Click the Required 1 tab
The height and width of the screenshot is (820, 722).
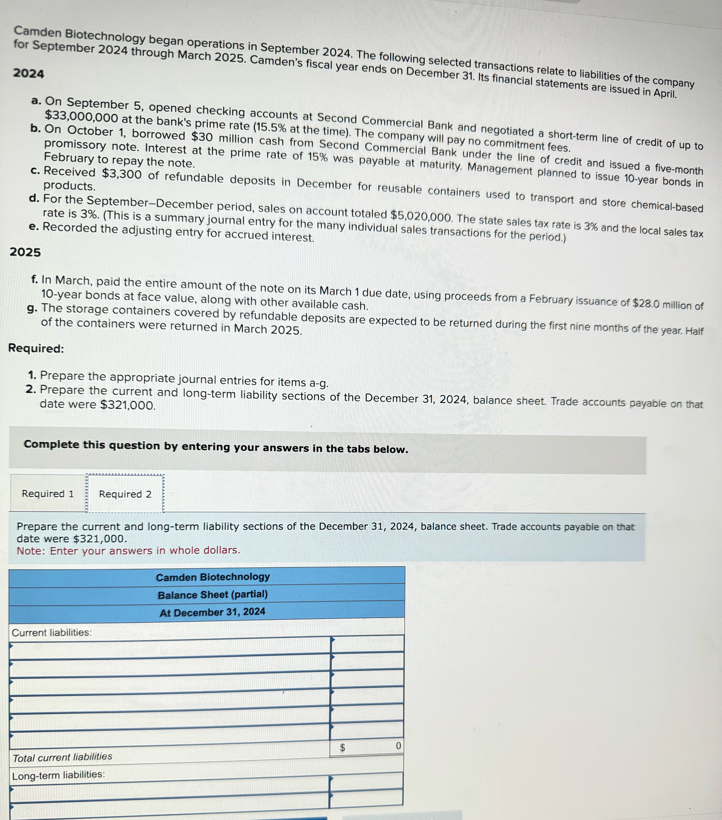[48, 493]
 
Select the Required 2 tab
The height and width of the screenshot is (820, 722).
[125, 494]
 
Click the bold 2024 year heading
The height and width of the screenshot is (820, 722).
[28, 73]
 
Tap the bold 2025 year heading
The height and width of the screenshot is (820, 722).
[25, 252]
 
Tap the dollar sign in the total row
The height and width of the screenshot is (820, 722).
[343, 747]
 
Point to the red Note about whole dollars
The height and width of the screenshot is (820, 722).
[128, 550]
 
